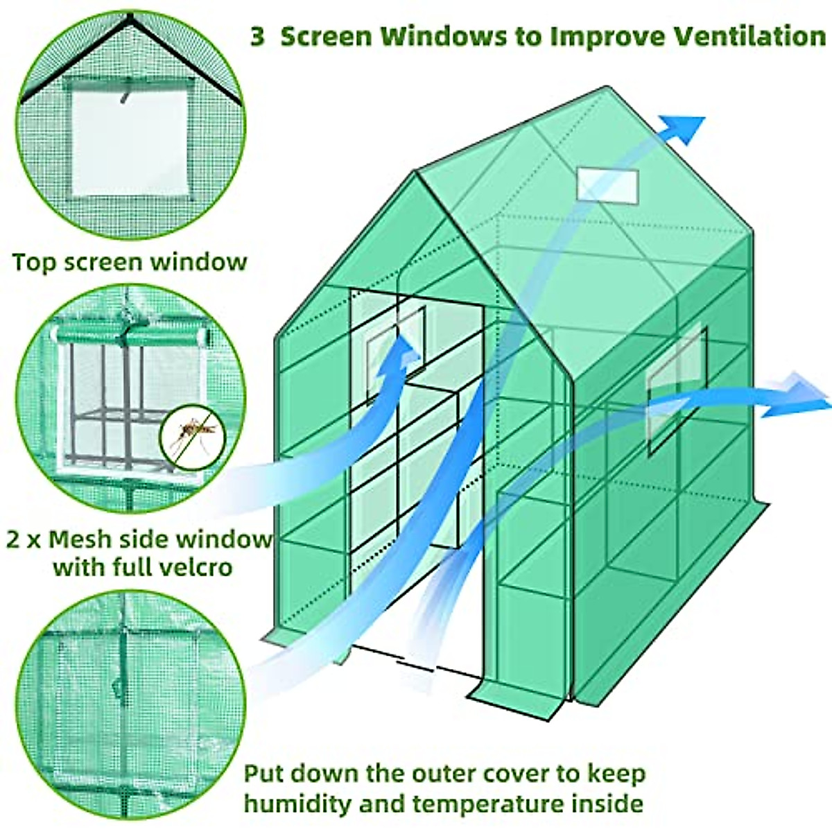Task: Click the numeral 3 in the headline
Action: coord(257,37)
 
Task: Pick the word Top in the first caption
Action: coord(37,263)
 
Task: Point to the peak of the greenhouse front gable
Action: coord(417,173)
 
